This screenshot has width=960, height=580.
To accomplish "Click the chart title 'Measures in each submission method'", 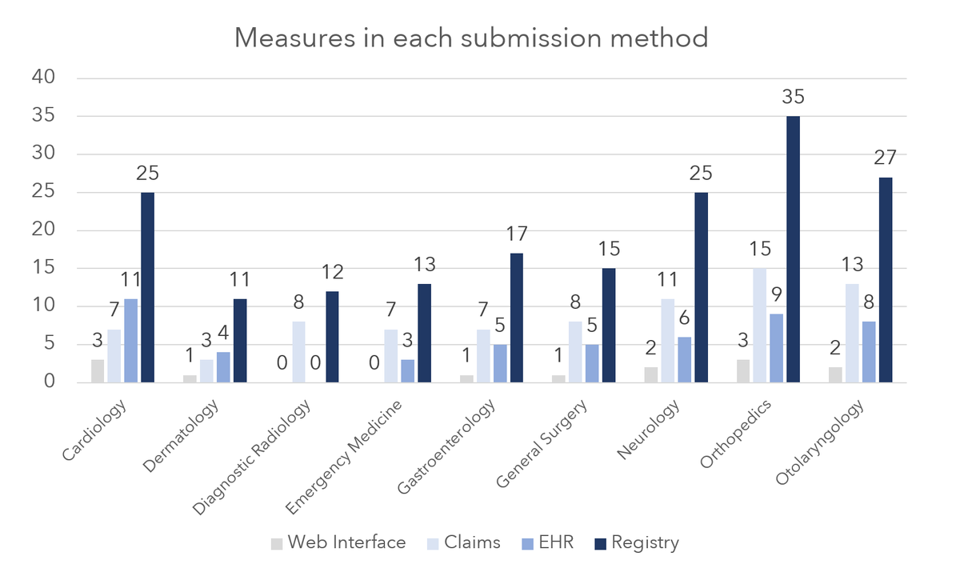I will point(471,38).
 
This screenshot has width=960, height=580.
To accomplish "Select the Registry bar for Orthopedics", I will point(793,250).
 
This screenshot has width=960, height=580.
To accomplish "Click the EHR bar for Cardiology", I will point(130,341).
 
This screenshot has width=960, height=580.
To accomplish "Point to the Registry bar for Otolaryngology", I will point(885,280).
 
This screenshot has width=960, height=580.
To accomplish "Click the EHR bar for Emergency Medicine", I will point(407,371).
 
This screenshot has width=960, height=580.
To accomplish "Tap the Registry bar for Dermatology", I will point(239,341).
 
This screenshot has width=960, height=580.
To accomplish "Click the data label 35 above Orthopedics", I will point(793,98).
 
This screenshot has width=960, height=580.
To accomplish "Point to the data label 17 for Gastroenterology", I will point(516,234).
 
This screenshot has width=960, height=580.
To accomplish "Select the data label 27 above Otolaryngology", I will point(885,158).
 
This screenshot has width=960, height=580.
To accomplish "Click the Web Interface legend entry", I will point(338,542).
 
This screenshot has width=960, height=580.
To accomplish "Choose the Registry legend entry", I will point(637,542).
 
